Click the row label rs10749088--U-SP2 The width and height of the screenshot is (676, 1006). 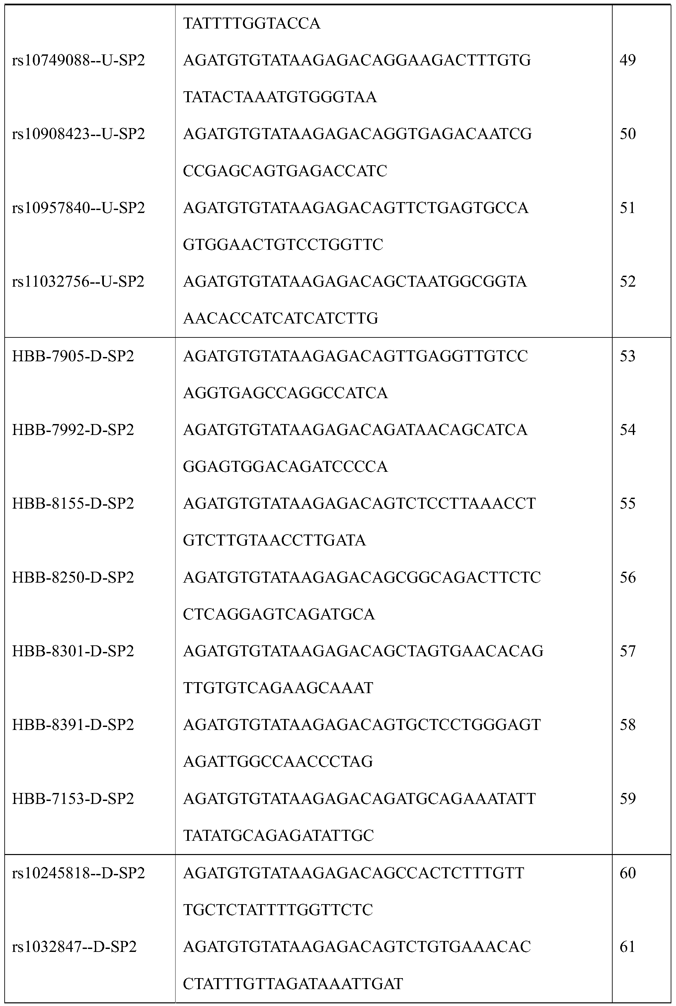pyautogui.click(x=78, y=60)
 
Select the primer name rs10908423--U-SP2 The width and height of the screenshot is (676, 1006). pyautogui.click(x=78, y=134)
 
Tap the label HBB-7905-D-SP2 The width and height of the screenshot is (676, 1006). pyautogui.click(x=73, y=356)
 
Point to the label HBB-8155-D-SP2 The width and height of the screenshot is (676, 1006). pyautogui.click(x=73, y=503)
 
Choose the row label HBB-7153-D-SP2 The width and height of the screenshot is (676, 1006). pyautogui.click(x=73, y=799)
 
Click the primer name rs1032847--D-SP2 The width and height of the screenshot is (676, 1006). pyautogui.click(x=74, y=947)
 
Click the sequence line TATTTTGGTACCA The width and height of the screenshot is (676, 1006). pyautogui.click(x=252, y=24)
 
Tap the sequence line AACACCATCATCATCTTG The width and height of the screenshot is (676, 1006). pyautogui.click(x=281, y=319)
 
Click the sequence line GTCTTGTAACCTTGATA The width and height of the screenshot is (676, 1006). pyautogui.click(x=274, y=540)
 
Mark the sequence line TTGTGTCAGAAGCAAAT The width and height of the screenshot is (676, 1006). pyautogui.click(x=278, y=688)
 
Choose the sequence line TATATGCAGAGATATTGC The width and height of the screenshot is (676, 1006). pyautogui.click(x=278, y=836)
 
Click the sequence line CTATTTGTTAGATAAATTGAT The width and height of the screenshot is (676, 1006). pyautogui.click(x=293, y=983)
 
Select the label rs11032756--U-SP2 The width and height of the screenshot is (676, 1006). pyautogui.click(x=78, y=281)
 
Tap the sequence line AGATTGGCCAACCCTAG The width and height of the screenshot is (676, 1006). pyautogui.click(x=278, y=761)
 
